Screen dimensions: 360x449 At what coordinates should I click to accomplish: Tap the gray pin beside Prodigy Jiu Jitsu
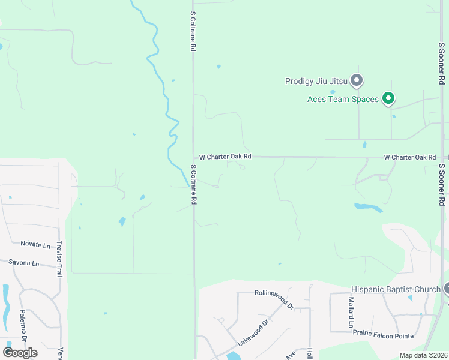point(357,80)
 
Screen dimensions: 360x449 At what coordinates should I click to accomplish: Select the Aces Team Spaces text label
point(343,99)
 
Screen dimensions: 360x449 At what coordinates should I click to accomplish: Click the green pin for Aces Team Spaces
point(388,97)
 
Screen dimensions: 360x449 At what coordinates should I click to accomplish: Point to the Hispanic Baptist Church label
point(396,290)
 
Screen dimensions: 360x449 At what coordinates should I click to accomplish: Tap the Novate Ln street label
point(35,244)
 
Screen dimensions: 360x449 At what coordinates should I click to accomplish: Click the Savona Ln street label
point(24,263)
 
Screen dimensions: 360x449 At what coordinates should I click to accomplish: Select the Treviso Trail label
point(59,259)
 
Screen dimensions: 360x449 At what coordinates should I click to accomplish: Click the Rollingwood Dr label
point(274,298)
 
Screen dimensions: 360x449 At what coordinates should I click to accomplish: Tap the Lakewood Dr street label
point(253,332)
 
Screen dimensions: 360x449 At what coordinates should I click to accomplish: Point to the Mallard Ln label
point(351,313)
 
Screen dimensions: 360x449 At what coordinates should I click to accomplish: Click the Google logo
point(20,352)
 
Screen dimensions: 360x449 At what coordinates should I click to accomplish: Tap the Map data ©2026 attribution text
point(423,355)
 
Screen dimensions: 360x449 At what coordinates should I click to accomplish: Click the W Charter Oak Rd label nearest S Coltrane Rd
point(225,157)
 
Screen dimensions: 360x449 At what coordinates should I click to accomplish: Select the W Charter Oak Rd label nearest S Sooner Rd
point(410,157)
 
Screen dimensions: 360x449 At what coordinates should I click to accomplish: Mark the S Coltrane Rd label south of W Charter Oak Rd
point(193,185)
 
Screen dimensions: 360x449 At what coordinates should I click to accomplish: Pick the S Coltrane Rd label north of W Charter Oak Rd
point(193,30)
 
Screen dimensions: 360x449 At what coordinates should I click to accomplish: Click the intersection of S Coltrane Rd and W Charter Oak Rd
point(193,157)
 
